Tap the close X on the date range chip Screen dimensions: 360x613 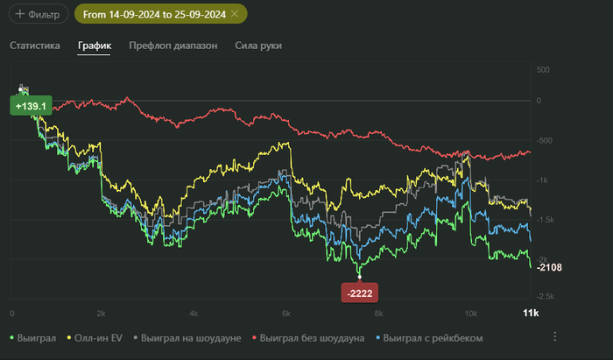(235, 14)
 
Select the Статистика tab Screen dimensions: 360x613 (35, 46)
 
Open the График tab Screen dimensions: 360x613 (95, 46)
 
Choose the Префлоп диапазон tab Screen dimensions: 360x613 (173, 46)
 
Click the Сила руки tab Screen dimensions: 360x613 (259, 46)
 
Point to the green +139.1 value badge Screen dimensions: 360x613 (30, 105)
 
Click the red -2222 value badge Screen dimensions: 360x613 (360, 293)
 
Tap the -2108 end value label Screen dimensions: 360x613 (551, 267)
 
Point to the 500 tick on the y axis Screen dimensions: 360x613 (543, 69)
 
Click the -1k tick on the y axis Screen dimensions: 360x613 (543, 180)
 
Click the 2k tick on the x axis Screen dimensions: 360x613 (102, 313)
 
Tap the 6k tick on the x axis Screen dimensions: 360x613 (285, 313)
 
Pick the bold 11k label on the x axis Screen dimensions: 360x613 (530, 313)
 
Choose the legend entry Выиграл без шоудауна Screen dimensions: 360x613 (309, 337)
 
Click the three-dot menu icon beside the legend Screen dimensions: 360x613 (554, 336)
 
